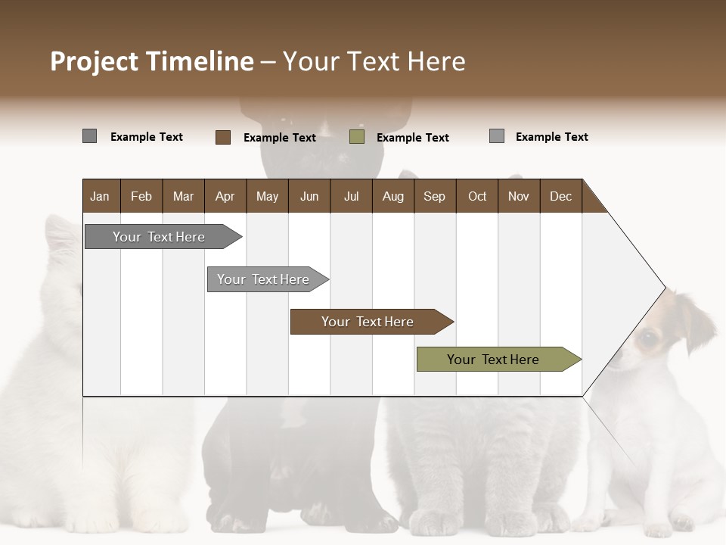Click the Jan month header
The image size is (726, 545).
[x=100, y=196]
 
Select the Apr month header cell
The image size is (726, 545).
[x=225, y=196]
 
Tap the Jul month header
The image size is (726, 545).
[x=351, y=196]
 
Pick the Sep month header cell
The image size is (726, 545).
[x=434, y=196]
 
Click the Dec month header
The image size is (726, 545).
[x=560, y=196]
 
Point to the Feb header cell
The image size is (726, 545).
[x=141, y=196]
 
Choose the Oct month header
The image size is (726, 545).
[x=477, y=196]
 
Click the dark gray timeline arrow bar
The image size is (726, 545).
[x=159, y=237]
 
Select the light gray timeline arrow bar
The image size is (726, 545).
[x=263, y=279]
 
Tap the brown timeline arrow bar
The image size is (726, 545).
[x=368, y=322]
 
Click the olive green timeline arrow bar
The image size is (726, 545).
[x=493, y=360]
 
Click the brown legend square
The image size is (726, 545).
[x=223, y=137]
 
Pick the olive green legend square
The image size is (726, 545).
[x=357, y=137]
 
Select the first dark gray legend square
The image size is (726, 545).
[x=89, y=136]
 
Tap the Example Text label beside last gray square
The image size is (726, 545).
[x=551, y=137]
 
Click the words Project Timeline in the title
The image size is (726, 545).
[x=151, y=61]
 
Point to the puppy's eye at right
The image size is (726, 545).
[x=648, y=338]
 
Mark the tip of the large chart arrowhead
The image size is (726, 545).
[x=665, y=288]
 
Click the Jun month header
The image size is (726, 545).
[x=309, y=196]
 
